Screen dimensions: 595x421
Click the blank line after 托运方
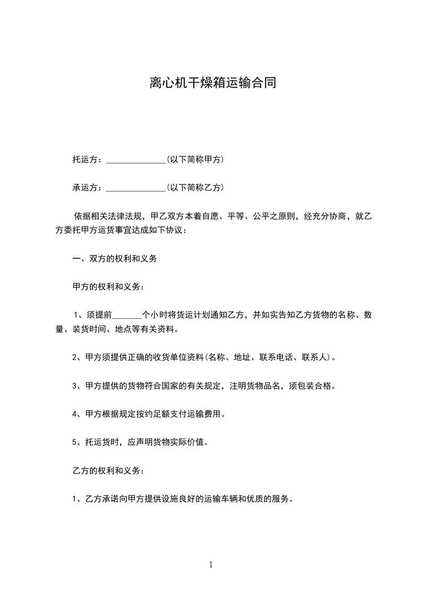click(x=136, y=160)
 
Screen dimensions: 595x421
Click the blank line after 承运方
click(x=136, y=188)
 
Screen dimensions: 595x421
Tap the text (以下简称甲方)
click(x=195, y=159)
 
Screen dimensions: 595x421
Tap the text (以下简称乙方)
click(x=195, y=187)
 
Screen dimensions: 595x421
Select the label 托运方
click(x=85, y=159)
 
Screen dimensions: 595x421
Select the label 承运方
click(x=85, y=187)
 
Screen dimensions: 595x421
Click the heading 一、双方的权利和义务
click(x=114, y=259)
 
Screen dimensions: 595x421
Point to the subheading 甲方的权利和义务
click(x=106, y=287)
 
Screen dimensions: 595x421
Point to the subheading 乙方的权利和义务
click(x=106, y=470)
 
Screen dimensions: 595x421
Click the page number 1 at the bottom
click(x=211, y=565)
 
